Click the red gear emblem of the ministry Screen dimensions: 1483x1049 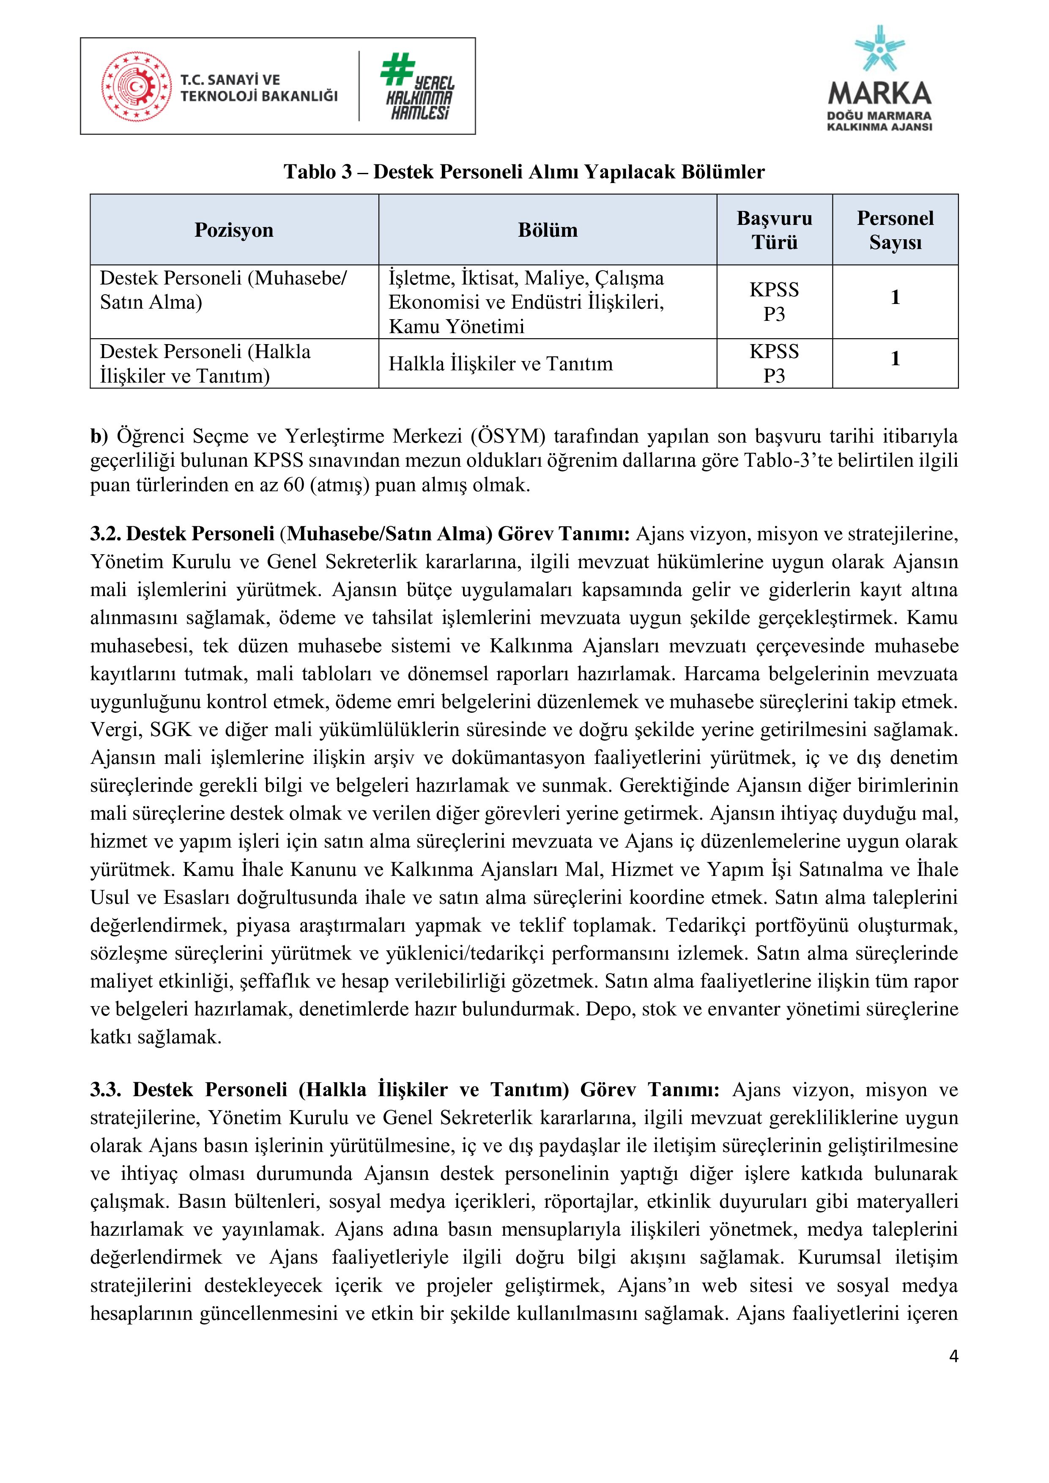click(136, 87)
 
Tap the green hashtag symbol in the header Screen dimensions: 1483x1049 click(397, 69)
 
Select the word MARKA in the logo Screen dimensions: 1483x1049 click(879, 94)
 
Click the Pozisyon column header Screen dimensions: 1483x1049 click(234, 230)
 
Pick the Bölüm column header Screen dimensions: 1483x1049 click(547, 230)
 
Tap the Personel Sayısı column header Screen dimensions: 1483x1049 click(895, 230)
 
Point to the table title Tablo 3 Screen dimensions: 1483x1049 click(318, 172)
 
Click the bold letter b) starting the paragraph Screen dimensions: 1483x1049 click(99, 437)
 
